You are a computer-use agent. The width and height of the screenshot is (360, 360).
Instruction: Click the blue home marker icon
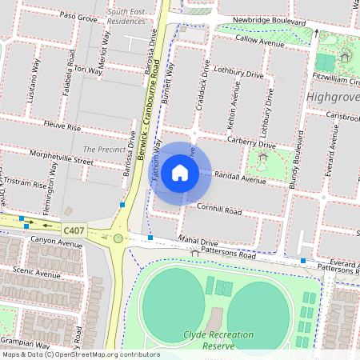point(180,172)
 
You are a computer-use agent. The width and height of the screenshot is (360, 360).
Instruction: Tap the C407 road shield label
point(74,230)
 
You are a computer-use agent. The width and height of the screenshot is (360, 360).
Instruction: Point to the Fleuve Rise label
point(63,127)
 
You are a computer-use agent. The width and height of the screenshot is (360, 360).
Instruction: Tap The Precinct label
point(99,150)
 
